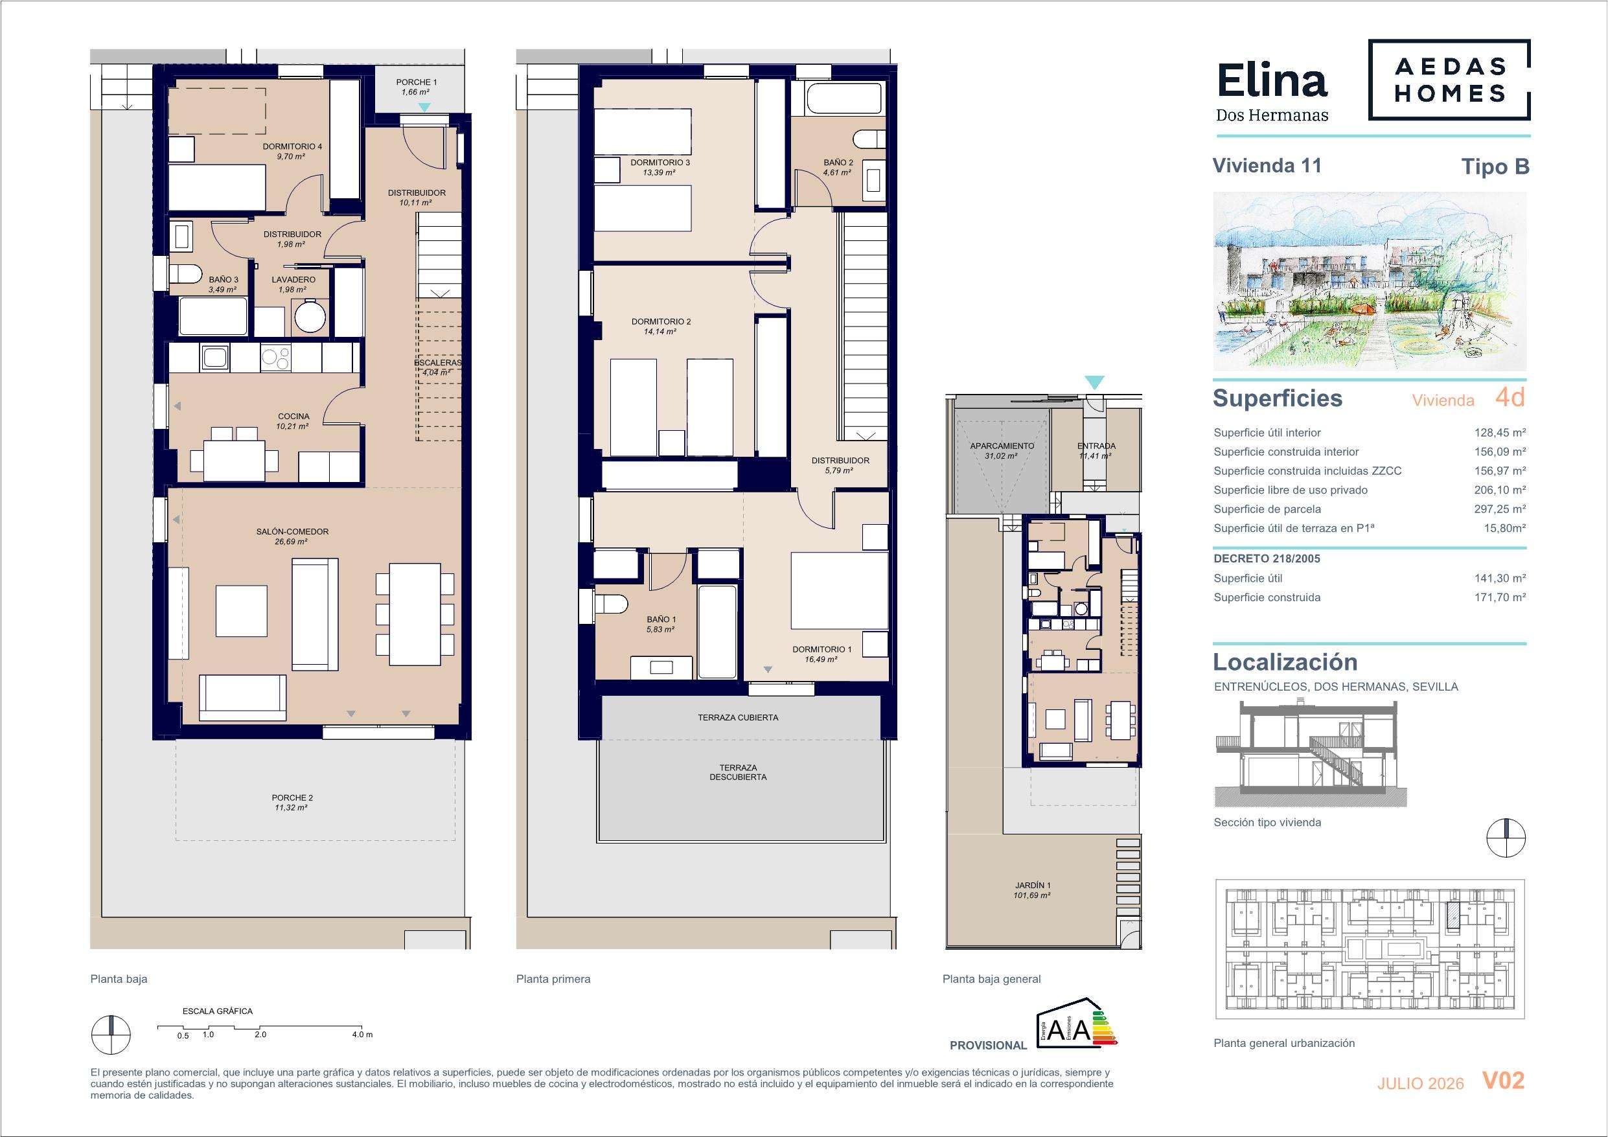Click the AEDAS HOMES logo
pyautogui.click(x=1449, y=79)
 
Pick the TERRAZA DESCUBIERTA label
pyautogui.click(x=737, y=772)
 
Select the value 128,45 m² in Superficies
pyautogui.click(x=1499, y=433)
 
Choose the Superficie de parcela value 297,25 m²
pyautogui.click(x=1499, y=509)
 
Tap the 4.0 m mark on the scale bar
pyautogui.click(x=362, y=1034)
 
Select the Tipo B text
pyautogui.click(x=1495, y=167)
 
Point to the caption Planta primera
pyautogui.click(x=553, y=979)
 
